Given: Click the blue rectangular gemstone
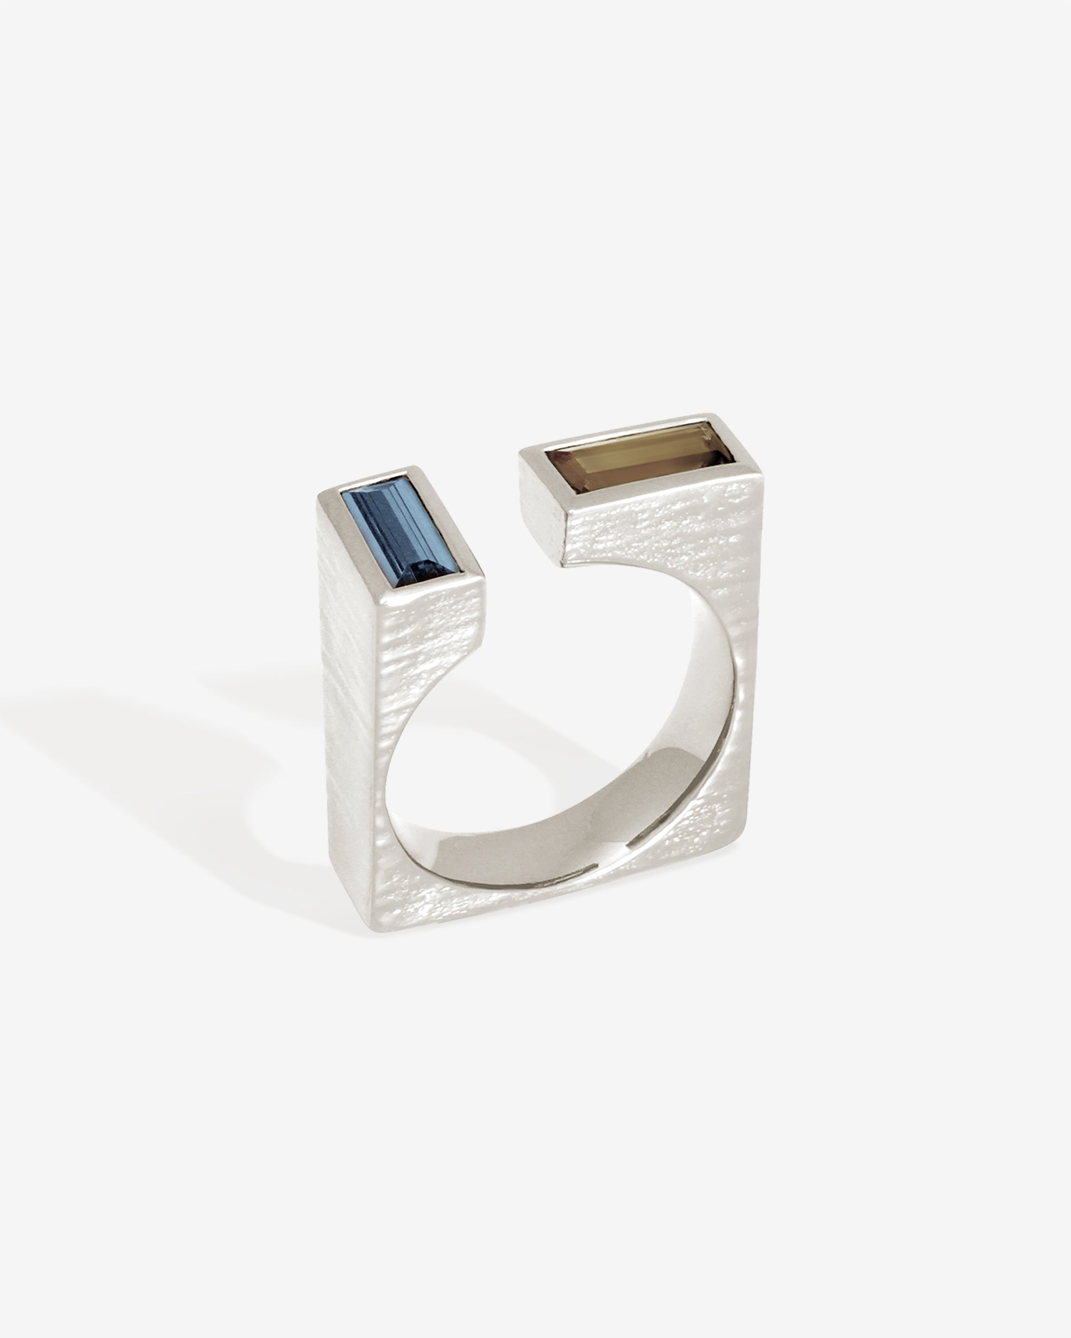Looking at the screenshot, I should pos(397,529).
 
